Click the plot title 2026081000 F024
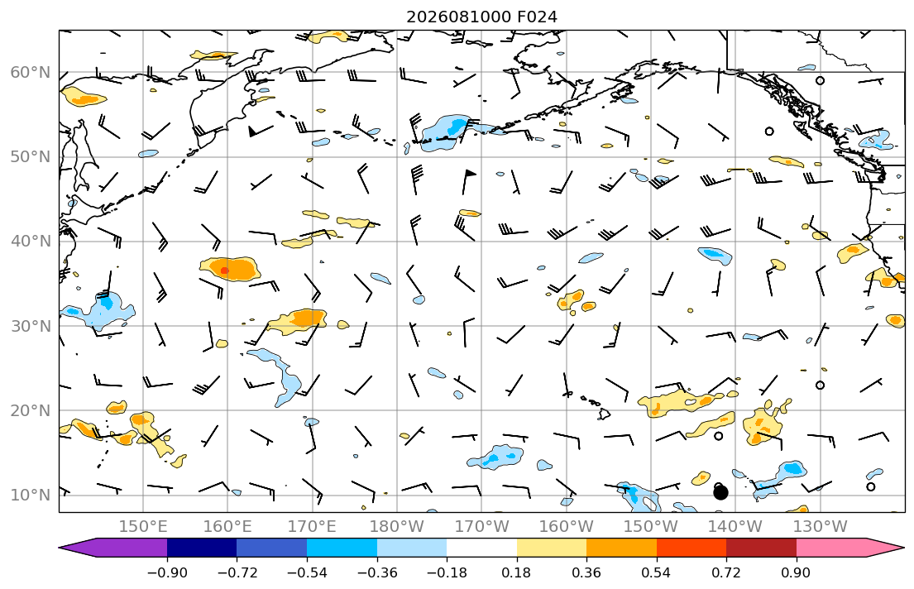pyautogui.click(x=481, y=17)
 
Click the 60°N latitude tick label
pyautogui.click(x=31, y=72)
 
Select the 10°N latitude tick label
pyautogui.click(x=31, y=496)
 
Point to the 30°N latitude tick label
pyautogui.click(x=31, y=326)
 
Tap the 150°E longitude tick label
pyautogui.click(x=143, y=527)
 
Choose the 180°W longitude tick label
pyautogui.click(x=397, y=527)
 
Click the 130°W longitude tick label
pyautogui.click(x=821, y=527)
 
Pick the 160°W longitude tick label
pyautogui.click(x=566, y=527)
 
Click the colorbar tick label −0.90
pyautogui.click(x=167, y=572)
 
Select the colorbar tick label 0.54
pyautogui.click(x=657, y=572)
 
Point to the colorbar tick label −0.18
pyautogui.click(x=447, y=572)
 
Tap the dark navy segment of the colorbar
pyautogui.click(x=202, y=548)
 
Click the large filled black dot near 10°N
pyautogui.click(x=720, y=493)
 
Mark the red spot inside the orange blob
pyautogui.click(x=225, y=271)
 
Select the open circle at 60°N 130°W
pyautogui.click(x=821, y=80)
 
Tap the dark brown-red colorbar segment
pyautogui.click(x=761, y=548)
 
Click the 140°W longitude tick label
pyautogui.click(x=735, y=527)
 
